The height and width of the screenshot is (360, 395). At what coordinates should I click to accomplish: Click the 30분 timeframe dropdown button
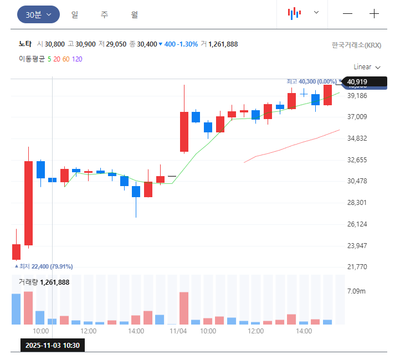coord(38,14)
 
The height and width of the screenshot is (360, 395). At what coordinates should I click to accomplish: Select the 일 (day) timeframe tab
coord(74,14)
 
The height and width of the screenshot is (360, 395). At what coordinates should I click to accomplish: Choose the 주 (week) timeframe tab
coord(104,14)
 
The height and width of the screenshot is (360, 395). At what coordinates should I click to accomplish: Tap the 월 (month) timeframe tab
coord(135,14)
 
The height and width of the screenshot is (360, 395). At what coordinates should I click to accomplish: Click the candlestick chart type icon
coord(294,13)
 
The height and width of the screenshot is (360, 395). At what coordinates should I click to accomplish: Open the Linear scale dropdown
coord(367,67)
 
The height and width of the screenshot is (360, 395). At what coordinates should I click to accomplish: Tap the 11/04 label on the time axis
coord(178,331)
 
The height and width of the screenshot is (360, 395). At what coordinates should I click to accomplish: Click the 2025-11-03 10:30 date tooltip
coord(53,345)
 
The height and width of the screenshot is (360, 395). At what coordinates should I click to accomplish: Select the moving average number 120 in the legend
coord(77,59)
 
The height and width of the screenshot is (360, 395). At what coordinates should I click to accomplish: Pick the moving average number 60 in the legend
coord(66,59)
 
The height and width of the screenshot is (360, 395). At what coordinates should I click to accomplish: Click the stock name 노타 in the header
coord(25,44)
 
